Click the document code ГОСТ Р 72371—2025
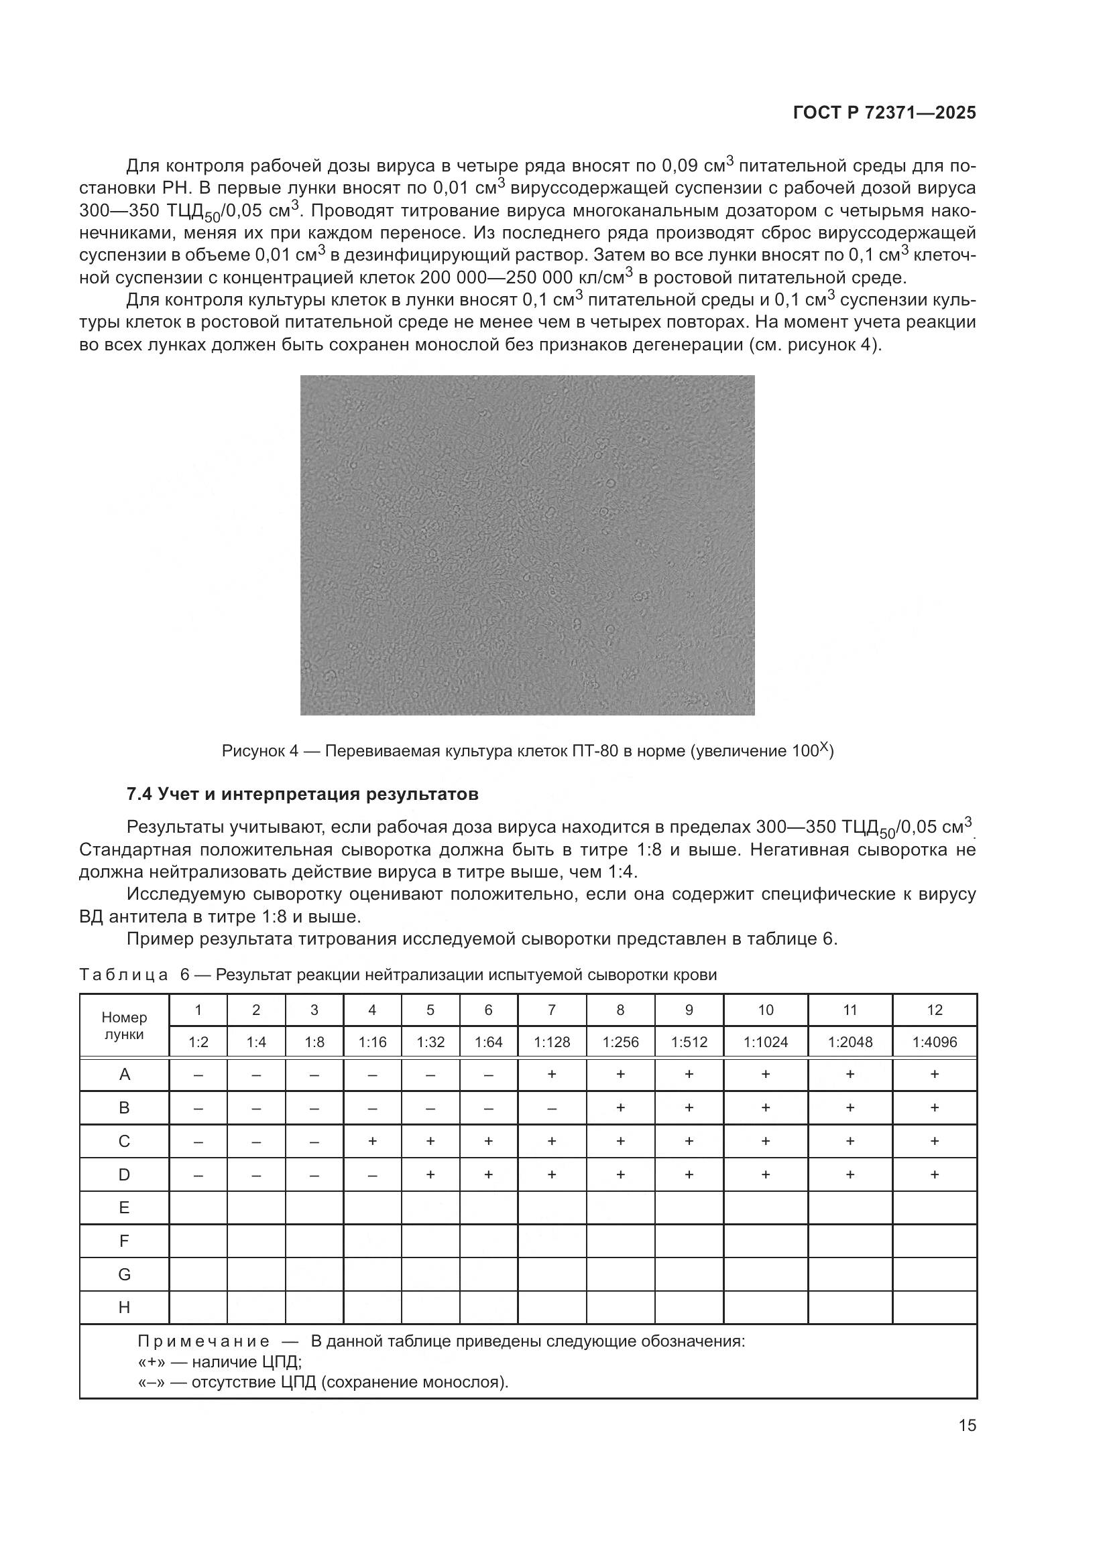coord(884,113)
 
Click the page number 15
coord(967,1425)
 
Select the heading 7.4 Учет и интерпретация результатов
coord(302,794)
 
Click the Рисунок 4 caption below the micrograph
coord(527,752)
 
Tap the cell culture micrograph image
coord(527,545)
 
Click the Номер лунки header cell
coord(123,1025)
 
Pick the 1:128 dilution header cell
coord(552,1042)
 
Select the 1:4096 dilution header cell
coord(934,1042)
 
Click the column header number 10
coord(765,1010)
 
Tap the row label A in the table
coord(123,1075)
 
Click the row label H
coord(123,1307)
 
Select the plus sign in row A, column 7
coord(552,1074)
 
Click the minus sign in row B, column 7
coord(552,1108)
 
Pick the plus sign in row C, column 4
coord(372,1141)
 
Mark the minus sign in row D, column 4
coord(372,1175)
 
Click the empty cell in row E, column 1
coord(198,1207)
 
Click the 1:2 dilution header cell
coord(198,1042)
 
